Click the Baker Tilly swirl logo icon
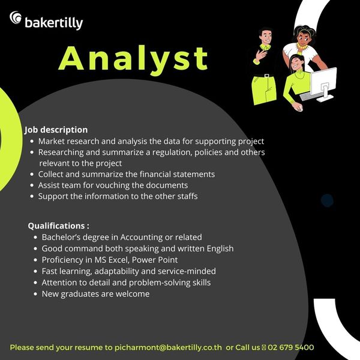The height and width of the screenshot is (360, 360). [16, 17]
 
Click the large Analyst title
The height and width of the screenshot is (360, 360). [134, 59]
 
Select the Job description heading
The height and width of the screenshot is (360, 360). [56, 130]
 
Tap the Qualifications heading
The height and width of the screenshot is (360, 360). [59, 226]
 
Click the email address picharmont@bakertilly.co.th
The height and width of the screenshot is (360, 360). [168, 347]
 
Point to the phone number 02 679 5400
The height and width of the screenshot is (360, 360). [290, 347]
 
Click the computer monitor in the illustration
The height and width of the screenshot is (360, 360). [323, 84]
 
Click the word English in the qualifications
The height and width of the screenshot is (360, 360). [220, 248]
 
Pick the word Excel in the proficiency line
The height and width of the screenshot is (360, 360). [118, 260]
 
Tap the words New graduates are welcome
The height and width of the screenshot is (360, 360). [95, 294]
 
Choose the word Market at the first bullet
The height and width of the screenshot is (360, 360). [51, 141]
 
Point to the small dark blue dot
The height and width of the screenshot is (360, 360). [327, 200]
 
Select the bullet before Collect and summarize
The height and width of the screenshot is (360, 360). [32, 175]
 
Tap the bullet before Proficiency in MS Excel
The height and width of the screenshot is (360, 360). [35, 260]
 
